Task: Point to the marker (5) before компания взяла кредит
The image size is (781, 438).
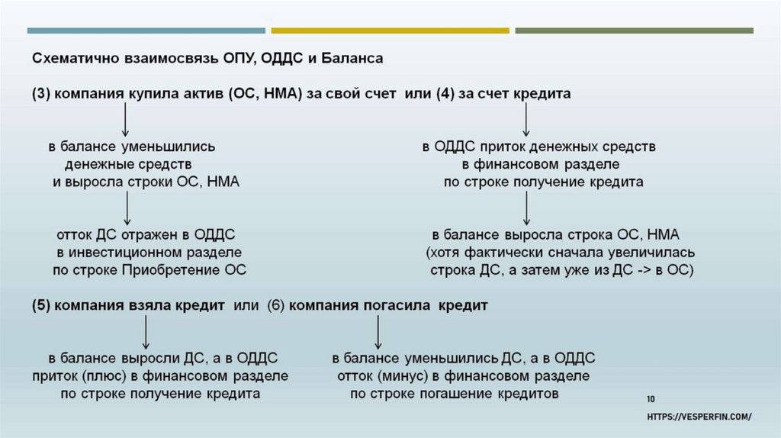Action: tap(40, 304)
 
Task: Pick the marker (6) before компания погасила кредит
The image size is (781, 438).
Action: tap(276, 304)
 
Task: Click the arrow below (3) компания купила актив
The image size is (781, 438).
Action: tap(127, 119)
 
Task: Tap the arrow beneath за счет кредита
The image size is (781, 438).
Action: tap(526, 119)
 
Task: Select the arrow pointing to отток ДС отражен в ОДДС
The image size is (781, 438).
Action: tap(127, 207)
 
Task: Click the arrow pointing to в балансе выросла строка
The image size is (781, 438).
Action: tap(526, 207)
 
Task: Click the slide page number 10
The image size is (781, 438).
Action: tap(651, 398)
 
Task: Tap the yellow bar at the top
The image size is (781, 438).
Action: tap(390, 31)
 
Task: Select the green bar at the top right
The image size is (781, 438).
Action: tap(634, 31)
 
